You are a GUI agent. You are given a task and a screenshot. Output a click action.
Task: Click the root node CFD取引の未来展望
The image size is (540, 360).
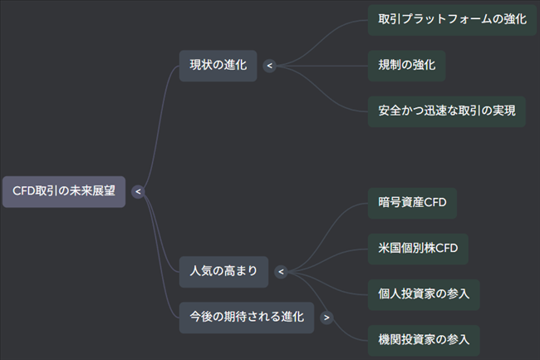pyautogui.click(x=63, y=191)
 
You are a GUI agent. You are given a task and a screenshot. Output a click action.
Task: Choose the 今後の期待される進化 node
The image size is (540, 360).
pyautogui.click(x=246, y=317)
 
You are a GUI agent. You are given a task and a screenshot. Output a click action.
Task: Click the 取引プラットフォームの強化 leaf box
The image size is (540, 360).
pyautogui.click(x=452, y=20)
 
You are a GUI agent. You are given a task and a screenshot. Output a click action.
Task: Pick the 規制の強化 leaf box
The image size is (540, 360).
pyautogui.click(x=406, y=66)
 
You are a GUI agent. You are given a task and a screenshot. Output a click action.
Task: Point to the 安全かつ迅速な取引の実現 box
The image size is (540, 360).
pyautogui.click(x=446, y=111)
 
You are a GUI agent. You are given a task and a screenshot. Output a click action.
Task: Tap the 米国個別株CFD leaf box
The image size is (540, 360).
pyautogui.click(x=417, y=249)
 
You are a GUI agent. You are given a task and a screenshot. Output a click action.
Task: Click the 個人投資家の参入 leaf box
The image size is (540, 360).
pyautogui.click(x=423, y=293)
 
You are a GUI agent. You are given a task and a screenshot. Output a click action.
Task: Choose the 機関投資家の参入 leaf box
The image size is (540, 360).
pyautogui.click(x=423, y=338)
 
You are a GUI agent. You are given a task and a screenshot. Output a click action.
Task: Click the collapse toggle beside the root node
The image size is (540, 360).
pyautogui.click(x=138, y=191)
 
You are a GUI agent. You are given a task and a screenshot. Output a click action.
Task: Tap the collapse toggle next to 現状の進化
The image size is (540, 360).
pyautogui.click(x=269, y=66)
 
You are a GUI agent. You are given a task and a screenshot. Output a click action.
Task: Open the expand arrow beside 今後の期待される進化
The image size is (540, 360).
pyautogui.click(x=326, y=317)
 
